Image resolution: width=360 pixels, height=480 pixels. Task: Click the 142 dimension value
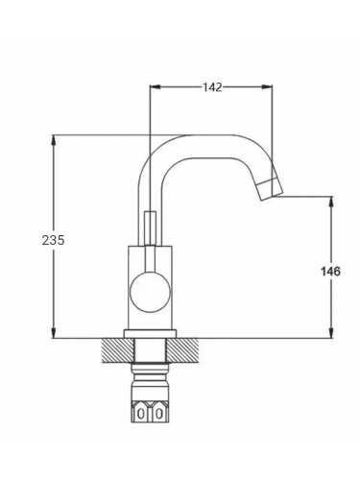coord(212,87)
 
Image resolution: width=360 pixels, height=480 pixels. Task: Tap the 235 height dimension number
coord(53,240)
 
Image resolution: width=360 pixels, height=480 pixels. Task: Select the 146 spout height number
coord(330,272)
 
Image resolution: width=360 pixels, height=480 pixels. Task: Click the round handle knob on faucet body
coord(150,292)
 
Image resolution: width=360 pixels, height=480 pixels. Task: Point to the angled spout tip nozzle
coord(272,190)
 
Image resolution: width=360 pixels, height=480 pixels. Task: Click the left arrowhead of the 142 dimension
coord(155,86)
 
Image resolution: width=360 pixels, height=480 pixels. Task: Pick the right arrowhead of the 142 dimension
coord(267,86)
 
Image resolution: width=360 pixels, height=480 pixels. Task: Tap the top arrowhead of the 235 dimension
coord(54,140)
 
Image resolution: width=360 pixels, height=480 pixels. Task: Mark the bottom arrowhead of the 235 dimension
coord(54,333)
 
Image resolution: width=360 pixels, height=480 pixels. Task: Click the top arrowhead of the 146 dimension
coord(332,202)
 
